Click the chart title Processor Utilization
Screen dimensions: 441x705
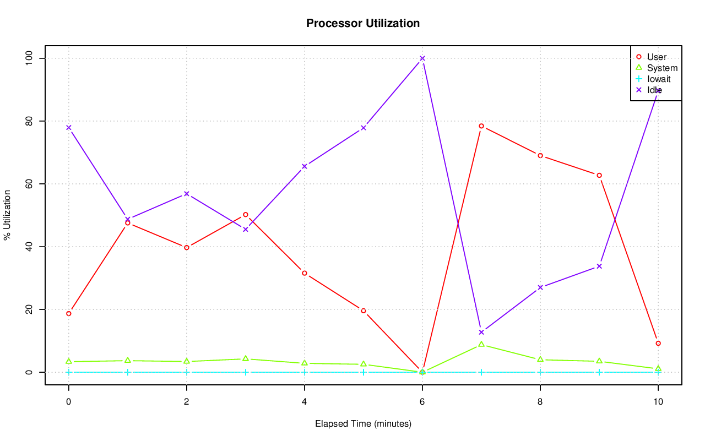click(363, 23)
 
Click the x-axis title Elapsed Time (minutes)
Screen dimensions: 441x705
click(363, 424)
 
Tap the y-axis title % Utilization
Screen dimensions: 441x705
click(7, 215)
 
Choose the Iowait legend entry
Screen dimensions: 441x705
click(659, 79)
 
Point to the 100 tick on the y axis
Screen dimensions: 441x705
click(29, 58)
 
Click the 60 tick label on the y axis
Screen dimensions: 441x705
click(29, 184)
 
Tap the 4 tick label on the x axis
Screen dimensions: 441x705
click(305, 402)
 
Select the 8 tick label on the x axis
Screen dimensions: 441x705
click(540, 402)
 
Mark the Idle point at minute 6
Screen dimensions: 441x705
click(422, 58)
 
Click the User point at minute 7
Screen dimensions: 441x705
click(481, 126)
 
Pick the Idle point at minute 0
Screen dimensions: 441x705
click(69, 128)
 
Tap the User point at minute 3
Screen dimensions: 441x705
click(246, 215)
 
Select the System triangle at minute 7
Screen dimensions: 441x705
click(481, 344)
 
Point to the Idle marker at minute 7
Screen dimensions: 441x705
click(481, 333)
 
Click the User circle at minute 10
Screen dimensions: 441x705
click(658, 344)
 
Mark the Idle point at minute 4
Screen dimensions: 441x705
click(305, 166)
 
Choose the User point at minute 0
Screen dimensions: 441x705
click(69, 314)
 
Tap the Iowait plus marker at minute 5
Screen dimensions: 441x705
click(364, 372)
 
